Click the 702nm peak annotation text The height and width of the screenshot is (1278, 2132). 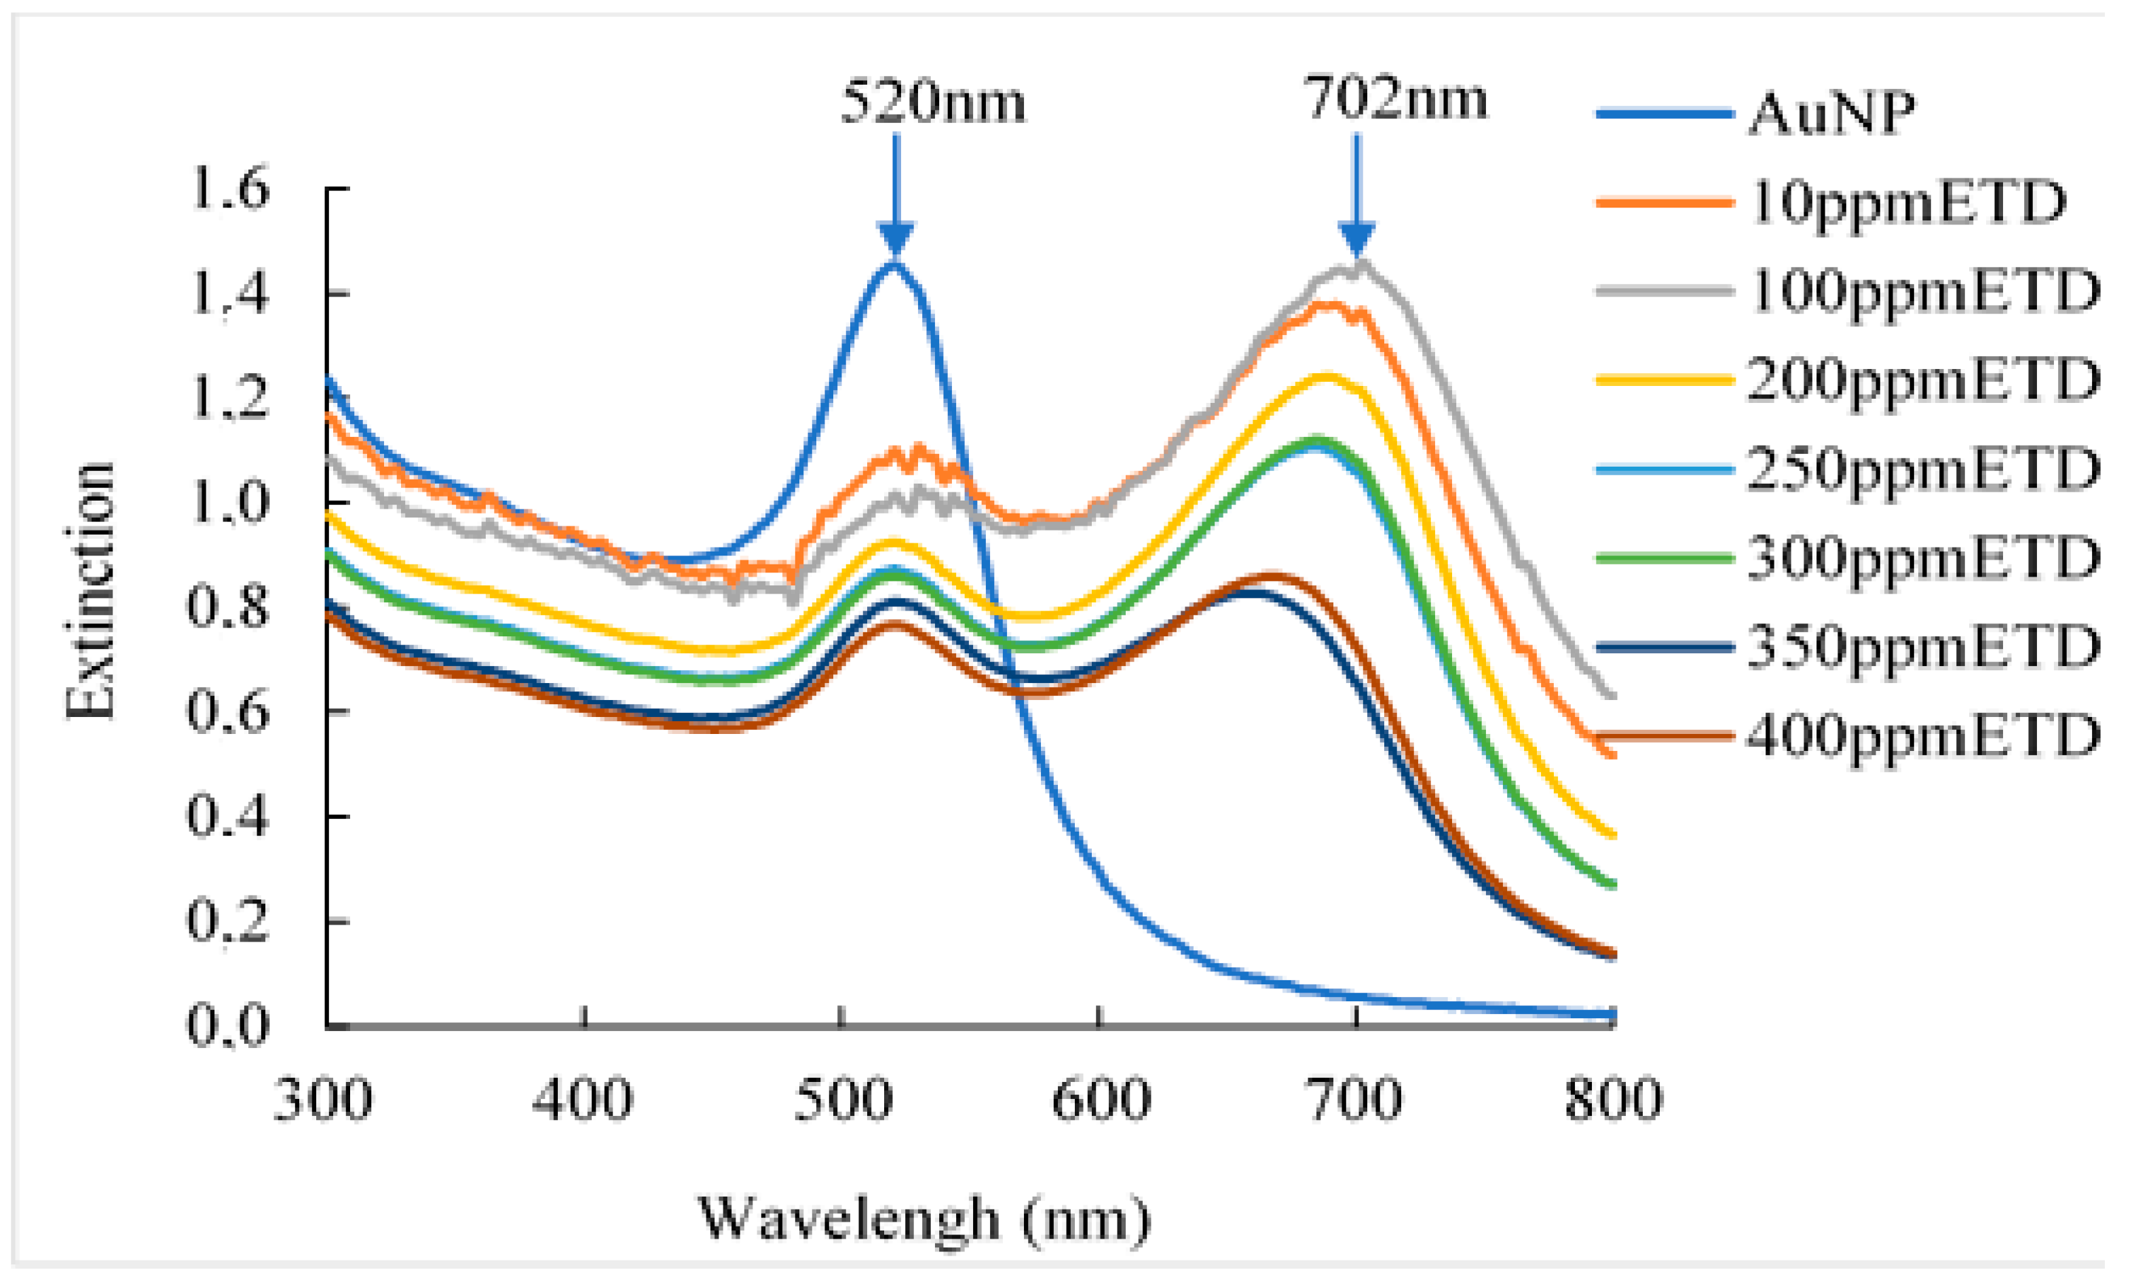[x=1396, y=99]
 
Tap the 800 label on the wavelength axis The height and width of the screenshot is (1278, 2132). [x=1612, y=1100]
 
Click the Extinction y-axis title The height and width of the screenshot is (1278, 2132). [x=90, y=591]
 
